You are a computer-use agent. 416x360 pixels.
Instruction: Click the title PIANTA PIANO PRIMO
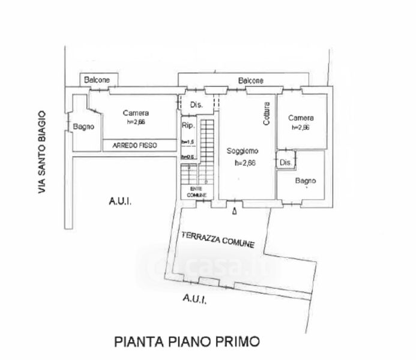pos(187,342)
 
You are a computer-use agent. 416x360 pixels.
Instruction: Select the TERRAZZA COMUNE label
pos(218,239)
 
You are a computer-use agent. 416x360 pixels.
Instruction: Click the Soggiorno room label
pos(243,152)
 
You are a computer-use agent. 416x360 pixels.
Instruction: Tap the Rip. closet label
pos(187,125)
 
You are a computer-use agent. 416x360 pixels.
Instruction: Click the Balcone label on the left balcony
pos(97,80)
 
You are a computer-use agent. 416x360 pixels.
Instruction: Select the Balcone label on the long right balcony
pos(250,80)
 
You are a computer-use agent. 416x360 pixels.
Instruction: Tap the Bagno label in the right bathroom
pos(306,181)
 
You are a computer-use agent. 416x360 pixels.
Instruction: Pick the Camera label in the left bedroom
pos(136,113)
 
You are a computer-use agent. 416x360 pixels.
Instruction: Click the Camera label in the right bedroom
pos(301,118)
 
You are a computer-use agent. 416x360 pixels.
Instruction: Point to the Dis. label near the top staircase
pos(196,105)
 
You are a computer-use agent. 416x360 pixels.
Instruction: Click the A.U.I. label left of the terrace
pos(120,202)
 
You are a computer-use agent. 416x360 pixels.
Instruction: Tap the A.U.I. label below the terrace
pos(194,298)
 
